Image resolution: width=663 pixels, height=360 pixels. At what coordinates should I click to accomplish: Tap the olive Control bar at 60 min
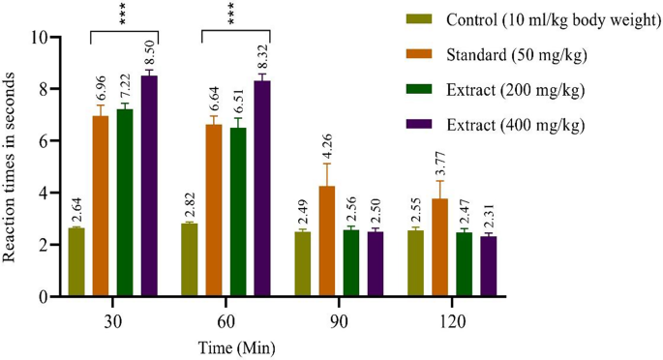click(x=189, y=260)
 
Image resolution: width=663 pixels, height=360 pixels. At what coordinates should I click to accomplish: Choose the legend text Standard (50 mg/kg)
click(x=514, y=54)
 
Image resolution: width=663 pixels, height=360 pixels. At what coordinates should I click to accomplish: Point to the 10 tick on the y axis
click(x=39, y=38)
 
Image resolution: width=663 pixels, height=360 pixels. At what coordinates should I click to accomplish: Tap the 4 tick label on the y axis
click(x=43, y=194)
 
